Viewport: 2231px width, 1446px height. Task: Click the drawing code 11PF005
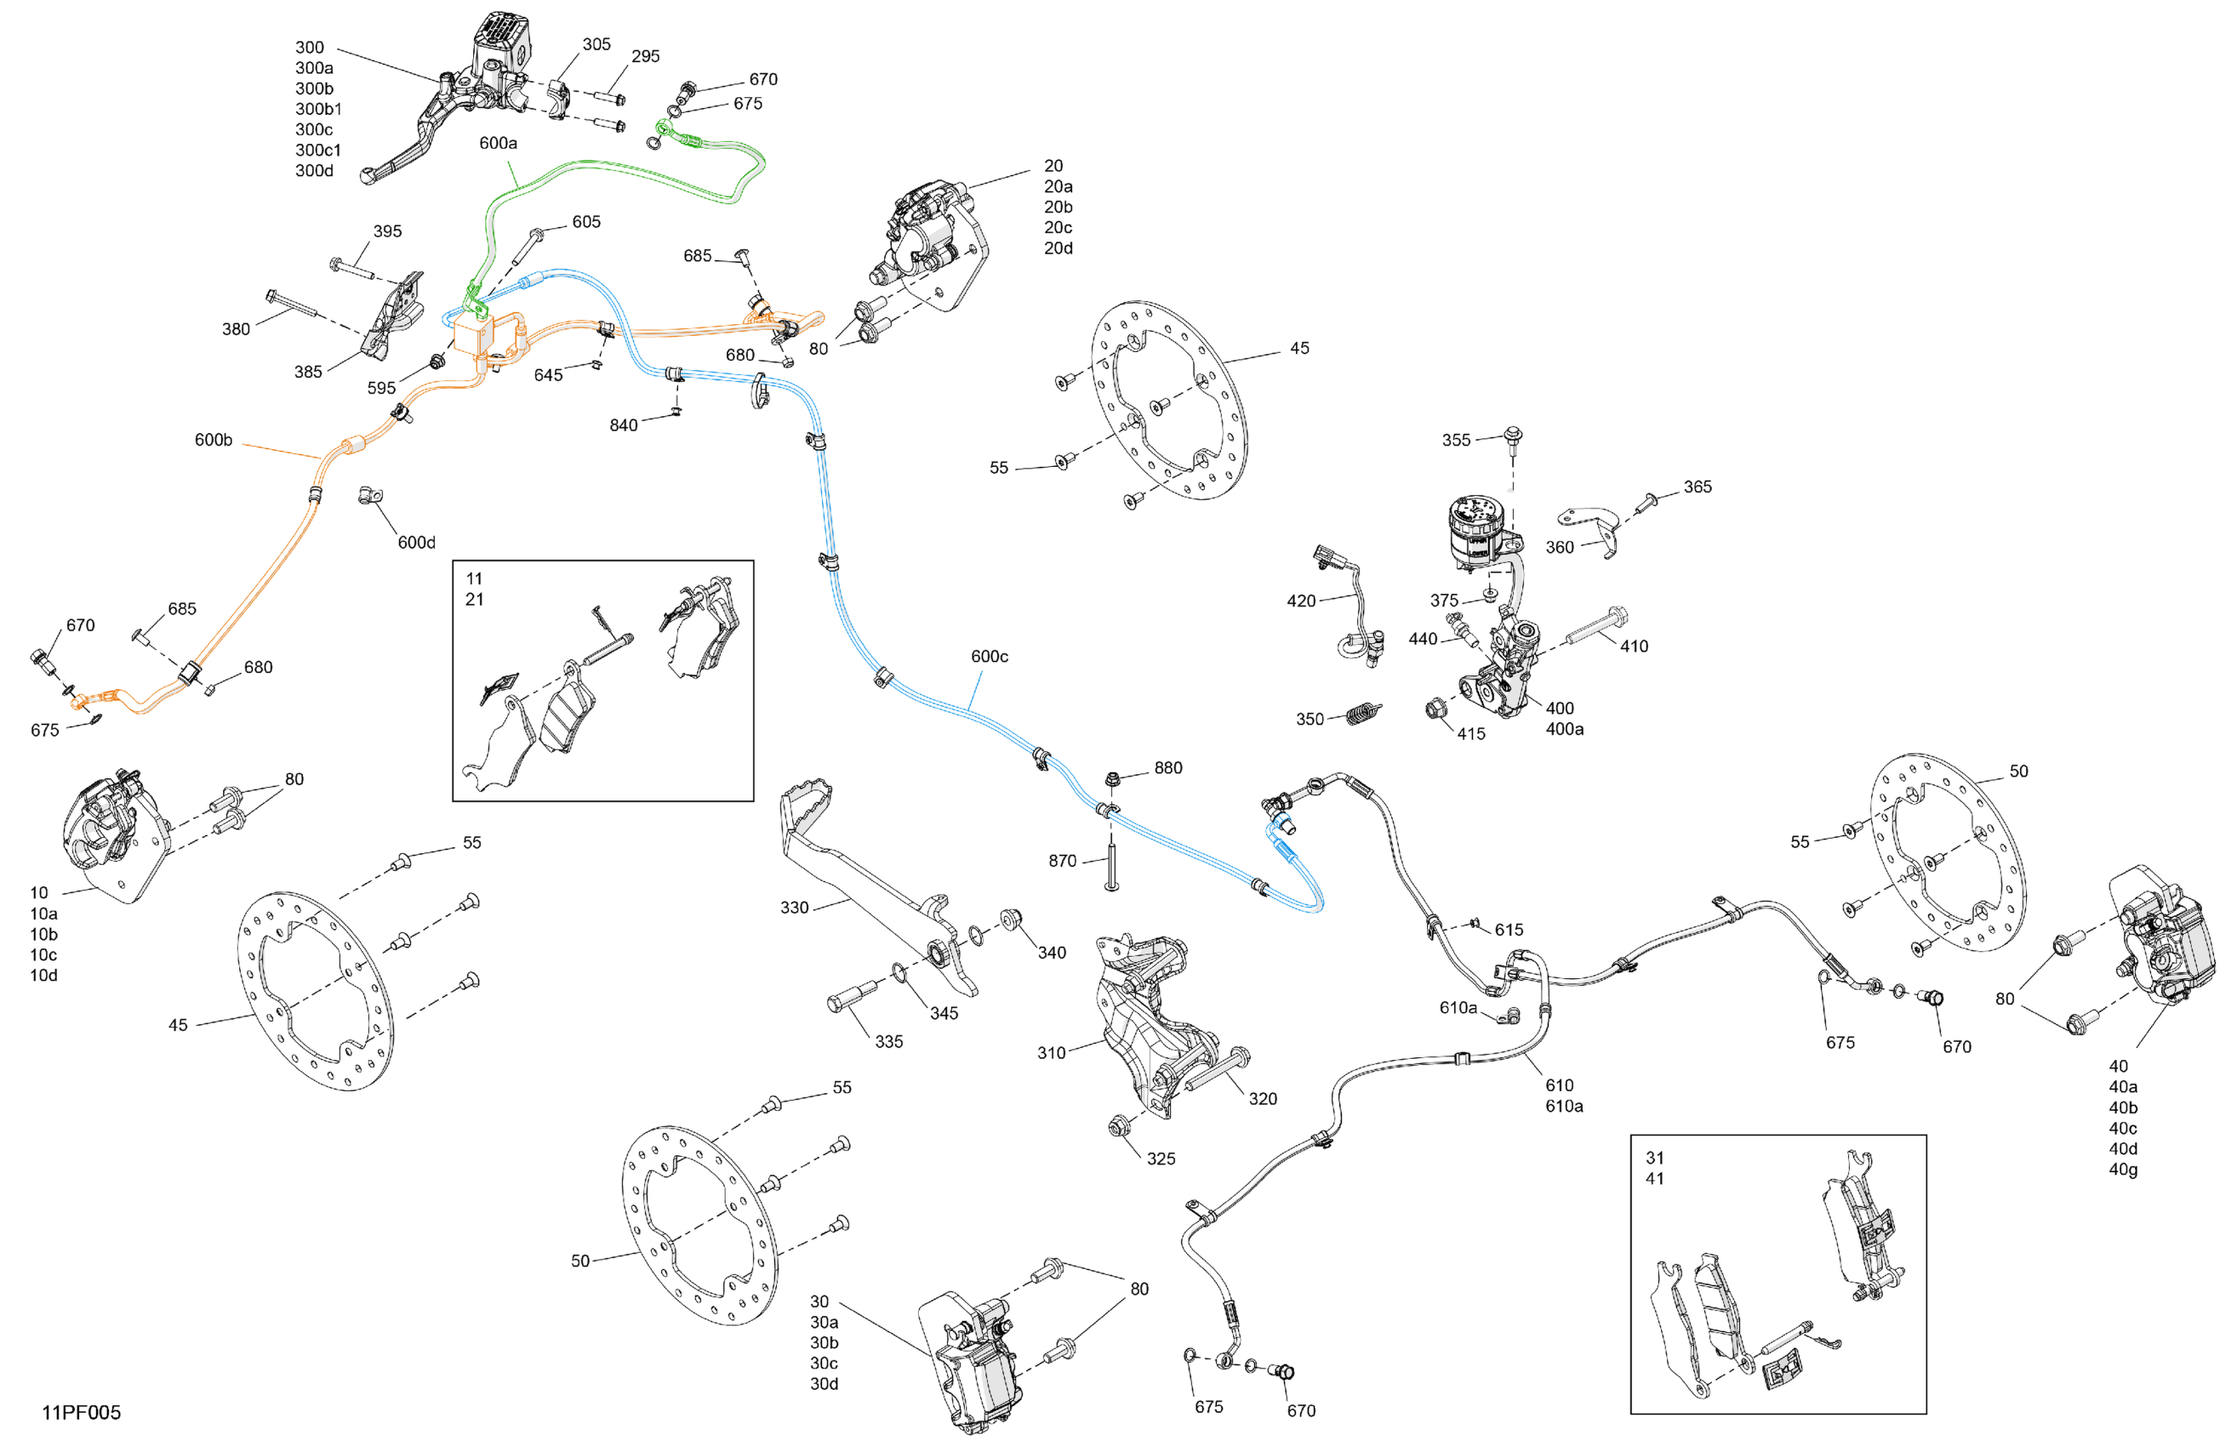coord(81,1411)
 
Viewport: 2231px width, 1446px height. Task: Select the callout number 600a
coord(498,142)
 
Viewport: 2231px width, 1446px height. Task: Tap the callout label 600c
coord(989,656)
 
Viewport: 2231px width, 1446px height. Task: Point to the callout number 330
coord(794,907)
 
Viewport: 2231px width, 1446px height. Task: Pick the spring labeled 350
coord(1362,714)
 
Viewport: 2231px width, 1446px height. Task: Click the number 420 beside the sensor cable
coord(1300,601)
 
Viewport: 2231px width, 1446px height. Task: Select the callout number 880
coord(1167,767)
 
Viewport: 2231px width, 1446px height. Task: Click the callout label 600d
coord(416,542)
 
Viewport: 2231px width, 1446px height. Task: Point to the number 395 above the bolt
coord(387,231)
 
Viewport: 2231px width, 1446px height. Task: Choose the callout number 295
coord(645,56)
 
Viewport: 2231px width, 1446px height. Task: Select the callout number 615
coord(1509,930)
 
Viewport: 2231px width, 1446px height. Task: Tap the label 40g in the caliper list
coord(2122,1169)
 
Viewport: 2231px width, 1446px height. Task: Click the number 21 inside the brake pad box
coord(474,599)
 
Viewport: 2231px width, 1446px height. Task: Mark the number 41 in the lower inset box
coord(1654,1178)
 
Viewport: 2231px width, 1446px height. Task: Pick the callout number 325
coord(1161,1159)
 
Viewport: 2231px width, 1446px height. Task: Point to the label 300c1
coord(317,150)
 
